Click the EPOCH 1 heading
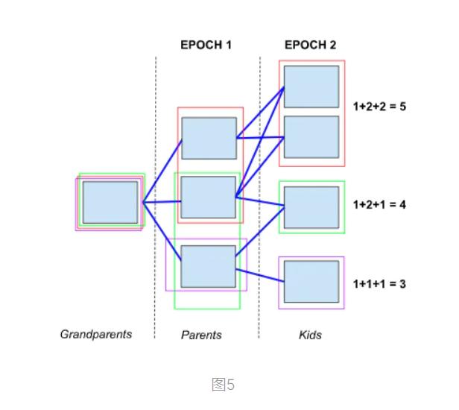pos(206,45)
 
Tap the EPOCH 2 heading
pos(310,45)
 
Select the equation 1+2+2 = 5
pos(379,107)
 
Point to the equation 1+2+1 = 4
pos(379,204)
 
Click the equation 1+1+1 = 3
pos(379,284)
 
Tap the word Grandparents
pos(95,334)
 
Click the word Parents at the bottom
pos(201,335)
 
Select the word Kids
pos(310,335)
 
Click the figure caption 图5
pos(223,385)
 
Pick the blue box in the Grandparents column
pos(110,202)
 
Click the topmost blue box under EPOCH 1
pos(209,138)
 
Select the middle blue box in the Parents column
pos(209,198)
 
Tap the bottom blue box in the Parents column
pos(209,266)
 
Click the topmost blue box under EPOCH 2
pos(311,86)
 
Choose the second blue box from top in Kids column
pos(311,136)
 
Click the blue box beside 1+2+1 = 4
pos(311,207)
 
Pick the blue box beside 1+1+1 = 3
pos(311,281)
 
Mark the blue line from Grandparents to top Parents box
pos(162,171)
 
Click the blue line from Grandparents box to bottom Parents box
pos(162,230)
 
